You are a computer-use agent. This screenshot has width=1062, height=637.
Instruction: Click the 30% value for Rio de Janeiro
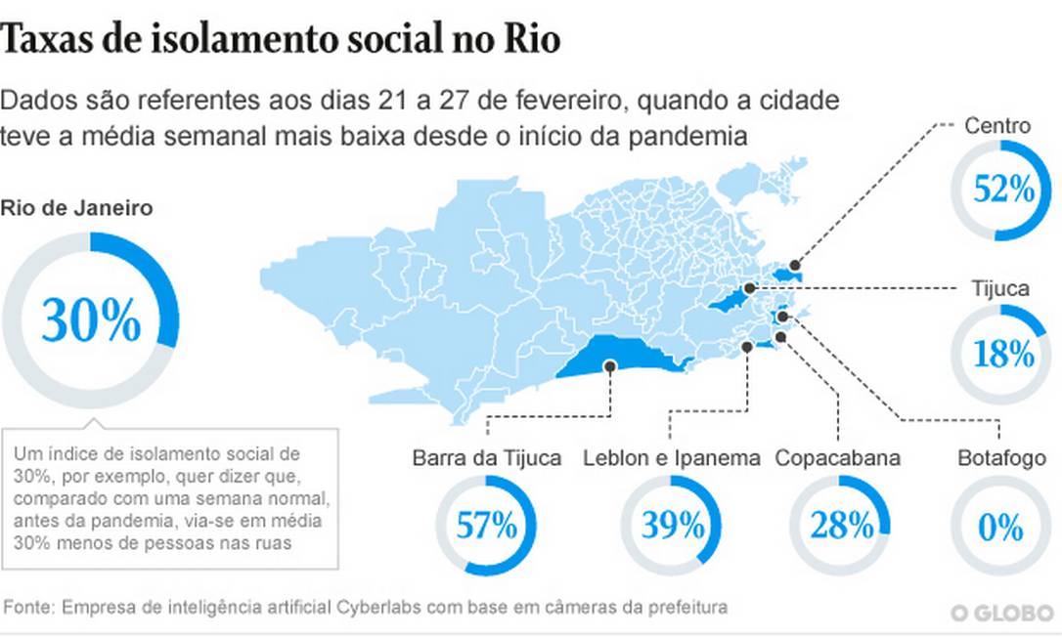tap(91, 319)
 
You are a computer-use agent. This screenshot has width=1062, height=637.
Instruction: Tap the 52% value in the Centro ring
tap(1003, 190)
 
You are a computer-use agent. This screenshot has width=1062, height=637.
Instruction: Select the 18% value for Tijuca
tap(1003, 354)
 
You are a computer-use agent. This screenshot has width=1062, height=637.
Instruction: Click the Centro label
tap(997, 125)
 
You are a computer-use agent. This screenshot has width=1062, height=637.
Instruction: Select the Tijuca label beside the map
tap(999, 289)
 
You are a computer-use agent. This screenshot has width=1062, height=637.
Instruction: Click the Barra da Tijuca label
tap(486, 458)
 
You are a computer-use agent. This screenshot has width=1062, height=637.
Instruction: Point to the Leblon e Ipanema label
tap(671, 458)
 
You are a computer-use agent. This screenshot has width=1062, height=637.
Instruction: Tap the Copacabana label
tap(837, 458)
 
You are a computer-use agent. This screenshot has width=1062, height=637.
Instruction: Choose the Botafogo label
tap(1001, 458)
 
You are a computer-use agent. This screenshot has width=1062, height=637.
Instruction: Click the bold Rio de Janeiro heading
tap(76, 208)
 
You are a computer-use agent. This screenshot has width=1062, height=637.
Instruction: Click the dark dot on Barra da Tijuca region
tap(610, 366)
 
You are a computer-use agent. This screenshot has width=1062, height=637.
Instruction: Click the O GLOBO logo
tap(1002, 614)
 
